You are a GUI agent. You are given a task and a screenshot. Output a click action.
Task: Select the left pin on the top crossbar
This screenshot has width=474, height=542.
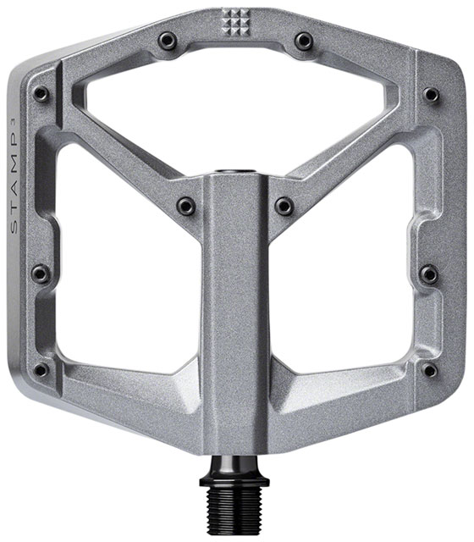click(168, 40)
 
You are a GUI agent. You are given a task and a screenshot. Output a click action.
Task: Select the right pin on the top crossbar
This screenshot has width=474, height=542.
click(303, 40)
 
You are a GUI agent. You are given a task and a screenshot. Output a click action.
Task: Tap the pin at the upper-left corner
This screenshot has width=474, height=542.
click(40, 94)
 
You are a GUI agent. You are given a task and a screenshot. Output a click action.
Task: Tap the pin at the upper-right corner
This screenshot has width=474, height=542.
click(431, 94)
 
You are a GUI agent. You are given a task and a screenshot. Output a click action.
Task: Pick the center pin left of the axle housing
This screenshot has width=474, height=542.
click(186, 205)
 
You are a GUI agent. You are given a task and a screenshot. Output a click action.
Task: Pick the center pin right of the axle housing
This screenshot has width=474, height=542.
click(284, 205)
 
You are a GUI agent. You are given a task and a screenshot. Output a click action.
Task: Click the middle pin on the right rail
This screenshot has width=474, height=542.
click(429, 274)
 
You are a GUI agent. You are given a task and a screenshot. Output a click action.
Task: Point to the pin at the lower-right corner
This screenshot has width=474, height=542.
click(429, 370)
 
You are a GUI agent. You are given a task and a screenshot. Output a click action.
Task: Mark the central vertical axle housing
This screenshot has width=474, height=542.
click(235, 322)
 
